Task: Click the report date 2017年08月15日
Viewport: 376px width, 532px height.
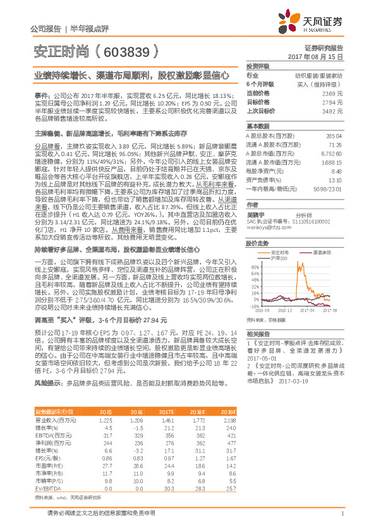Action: coord(320,56)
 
